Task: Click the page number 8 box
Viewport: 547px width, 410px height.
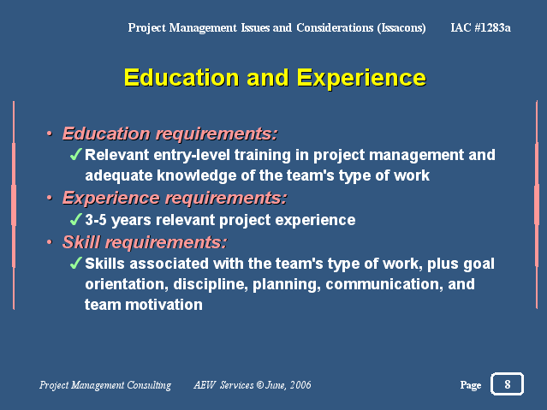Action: click(507, 383)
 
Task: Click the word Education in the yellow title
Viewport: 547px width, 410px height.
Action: click(181, 78)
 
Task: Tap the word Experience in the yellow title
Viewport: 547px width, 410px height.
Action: click(361, 78)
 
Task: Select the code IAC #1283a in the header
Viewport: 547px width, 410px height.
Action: click(481, 27)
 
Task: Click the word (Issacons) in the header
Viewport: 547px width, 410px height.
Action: click(401, 28)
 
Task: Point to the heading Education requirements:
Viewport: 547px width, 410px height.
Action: click(169, 134)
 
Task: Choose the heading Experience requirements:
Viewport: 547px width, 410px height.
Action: click(175, 199)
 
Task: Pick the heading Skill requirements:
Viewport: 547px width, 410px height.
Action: click(145, 242)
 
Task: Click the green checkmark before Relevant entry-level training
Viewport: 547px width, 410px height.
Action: click(76, 154)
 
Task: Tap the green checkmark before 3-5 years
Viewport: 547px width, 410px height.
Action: click(76, 219)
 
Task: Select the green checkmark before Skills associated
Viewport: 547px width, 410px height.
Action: click(76, 263)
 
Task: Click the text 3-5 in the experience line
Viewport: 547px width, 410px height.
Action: click(96, 220)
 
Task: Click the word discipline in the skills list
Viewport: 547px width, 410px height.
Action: click(211, 285)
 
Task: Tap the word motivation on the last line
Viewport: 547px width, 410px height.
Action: click(164, 305)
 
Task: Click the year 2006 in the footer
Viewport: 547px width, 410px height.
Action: click(300, 385)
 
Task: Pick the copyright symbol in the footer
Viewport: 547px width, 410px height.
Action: click(260, 385)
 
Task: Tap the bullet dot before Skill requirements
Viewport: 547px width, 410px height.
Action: click(50, 241)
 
